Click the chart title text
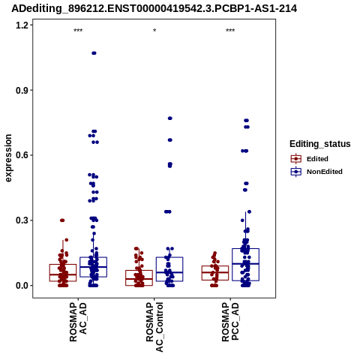click(154, 8)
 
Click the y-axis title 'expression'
click(8, 158)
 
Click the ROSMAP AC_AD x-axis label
click(78, 322)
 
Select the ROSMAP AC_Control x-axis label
click(154, 327)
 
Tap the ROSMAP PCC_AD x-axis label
click(230, 322)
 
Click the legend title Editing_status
click(320, 144)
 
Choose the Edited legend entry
click(310, 159)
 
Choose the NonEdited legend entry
click(316, 172)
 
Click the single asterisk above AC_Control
click(154, 31)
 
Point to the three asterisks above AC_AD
click(78, 31)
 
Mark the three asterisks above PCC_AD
click(230, 31)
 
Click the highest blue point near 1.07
click(94, 53)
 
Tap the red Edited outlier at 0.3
click(62, 220)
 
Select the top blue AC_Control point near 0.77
click(170, 118)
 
